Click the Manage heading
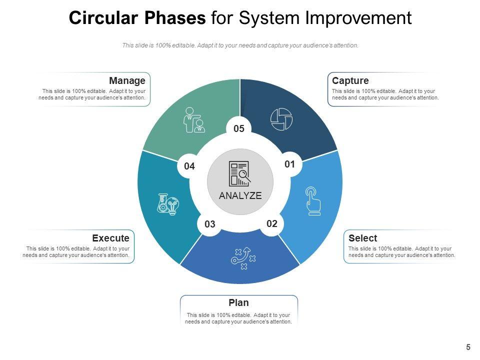127,80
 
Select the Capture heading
350,80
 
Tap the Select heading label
362,238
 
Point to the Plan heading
238,302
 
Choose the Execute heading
110,238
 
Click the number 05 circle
239,128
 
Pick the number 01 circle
289,164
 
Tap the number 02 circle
271,223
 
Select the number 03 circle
209,224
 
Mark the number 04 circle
189,166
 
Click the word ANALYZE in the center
240,195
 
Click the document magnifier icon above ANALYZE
239,174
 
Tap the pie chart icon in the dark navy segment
281,118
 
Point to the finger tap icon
313,201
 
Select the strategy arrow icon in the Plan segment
243,258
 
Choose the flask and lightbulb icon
167,204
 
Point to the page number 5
468,347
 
